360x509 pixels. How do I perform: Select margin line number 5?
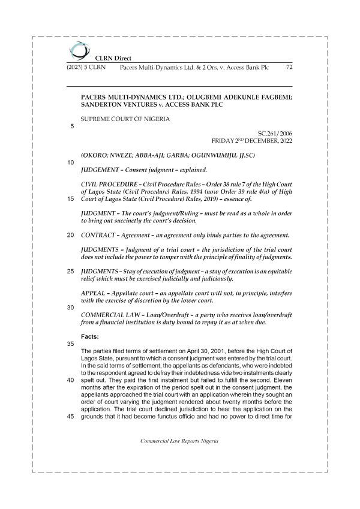[72, 126]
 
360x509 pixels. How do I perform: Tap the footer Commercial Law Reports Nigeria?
[179, 441]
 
